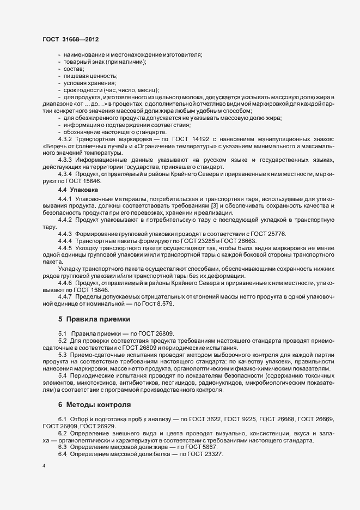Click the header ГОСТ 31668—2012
(70, 39)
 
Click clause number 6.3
(63, 447)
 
